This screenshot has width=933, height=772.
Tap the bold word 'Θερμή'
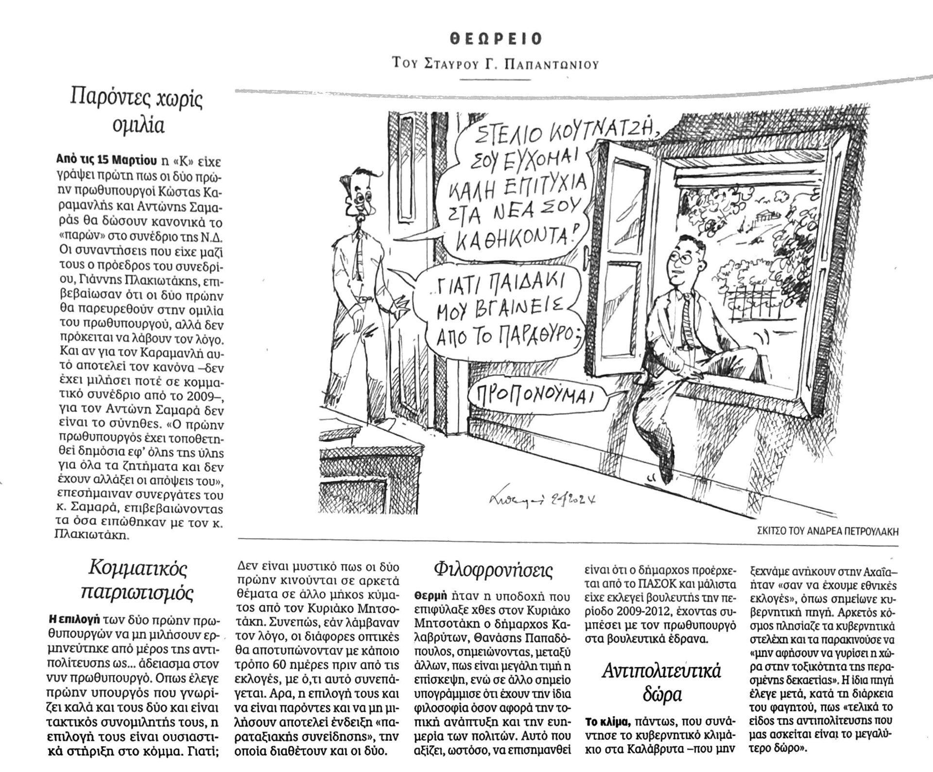coord(428,595)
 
